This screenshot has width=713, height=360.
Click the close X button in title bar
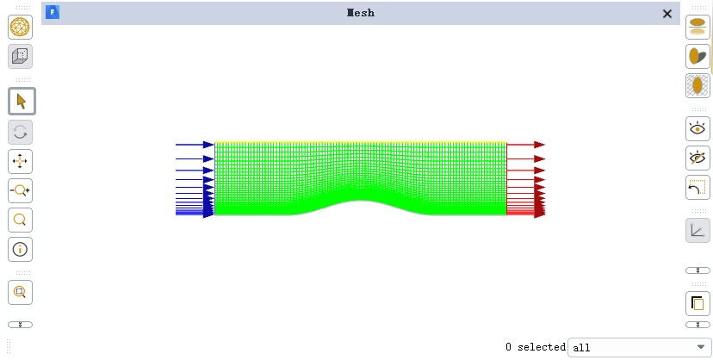click(x=667, y=14)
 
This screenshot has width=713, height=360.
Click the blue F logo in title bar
click(x=53, y=12)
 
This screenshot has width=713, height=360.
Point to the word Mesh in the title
click(x=361, y=13)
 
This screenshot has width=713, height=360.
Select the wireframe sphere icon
click(x=20, y=27)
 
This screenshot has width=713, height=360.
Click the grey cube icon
click(x=20, y=56)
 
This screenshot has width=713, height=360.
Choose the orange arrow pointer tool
click(x=22, y=101)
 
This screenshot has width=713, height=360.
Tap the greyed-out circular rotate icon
click(x=20, y=133)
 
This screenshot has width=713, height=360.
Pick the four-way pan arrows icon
click(x=20, y=161)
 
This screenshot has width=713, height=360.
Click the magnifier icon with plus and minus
click(x=20, y=191)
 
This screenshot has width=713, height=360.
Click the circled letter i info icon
click(x=20, y=250)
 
